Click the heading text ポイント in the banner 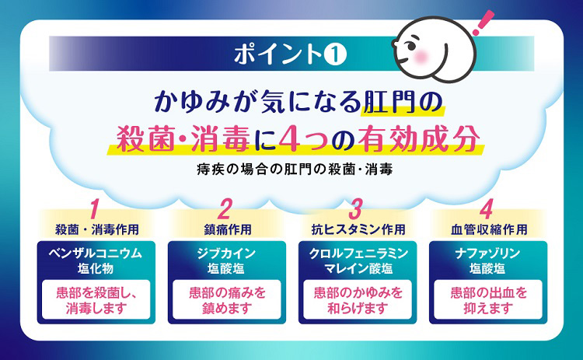278,54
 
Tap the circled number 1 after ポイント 335,54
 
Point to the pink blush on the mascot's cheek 421,56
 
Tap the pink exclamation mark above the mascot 484,23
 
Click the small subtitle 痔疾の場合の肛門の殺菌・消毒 295,170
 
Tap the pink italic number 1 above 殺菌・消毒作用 94,209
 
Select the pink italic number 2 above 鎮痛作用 225,209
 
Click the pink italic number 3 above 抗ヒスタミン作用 355,209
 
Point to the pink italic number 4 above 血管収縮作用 486,209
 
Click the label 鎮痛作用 228,229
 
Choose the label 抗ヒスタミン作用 358,229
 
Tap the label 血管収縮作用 489,229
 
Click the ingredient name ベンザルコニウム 96,253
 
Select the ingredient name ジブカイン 226,253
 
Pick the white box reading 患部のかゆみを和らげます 358,300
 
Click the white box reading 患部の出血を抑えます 488,300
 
